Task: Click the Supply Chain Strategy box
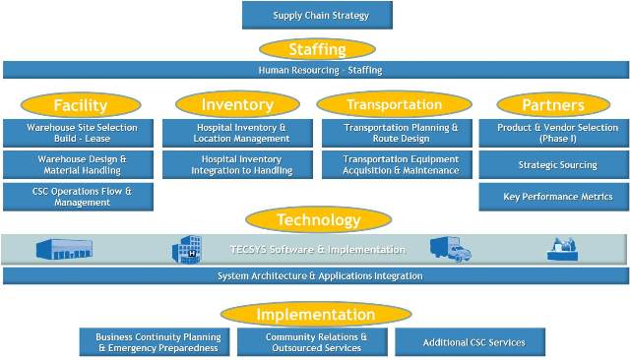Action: (x=317, y=15)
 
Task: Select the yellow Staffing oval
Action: (x=317, y=49)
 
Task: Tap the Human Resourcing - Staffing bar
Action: (x=315, y=70)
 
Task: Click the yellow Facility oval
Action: (x=80, y=105)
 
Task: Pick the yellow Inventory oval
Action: (x=236, y=104)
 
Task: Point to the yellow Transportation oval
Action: (x=394, y=104)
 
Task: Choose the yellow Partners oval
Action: (x=553, y=105)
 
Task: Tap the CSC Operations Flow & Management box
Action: (x=79, y=197)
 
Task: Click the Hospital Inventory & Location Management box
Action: (x=241, y=134)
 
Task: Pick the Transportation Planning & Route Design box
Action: (x=400, y=134)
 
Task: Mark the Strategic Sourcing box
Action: (x=556, y=165)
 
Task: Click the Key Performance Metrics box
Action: (x=556, y=197)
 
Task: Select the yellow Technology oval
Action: (x=317, y=220)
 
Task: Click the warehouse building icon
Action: (x=64, y=249)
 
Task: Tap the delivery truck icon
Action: (x=450, y=250)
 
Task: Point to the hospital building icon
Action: (x=186, y=250)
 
